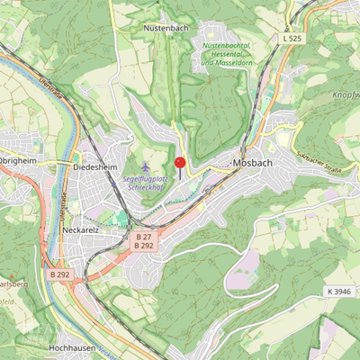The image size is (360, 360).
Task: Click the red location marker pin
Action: coord(180,165)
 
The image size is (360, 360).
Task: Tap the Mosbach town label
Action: coord(252,164)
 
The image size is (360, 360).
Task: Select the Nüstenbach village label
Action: coord(165,29)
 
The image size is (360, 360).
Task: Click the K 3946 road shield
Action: coord(338,292)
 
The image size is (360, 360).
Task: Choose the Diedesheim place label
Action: coord(91,166)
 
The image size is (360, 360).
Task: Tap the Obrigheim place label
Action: coord(18,163)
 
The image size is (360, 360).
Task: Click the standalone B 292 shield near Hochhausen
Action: coord(60,274)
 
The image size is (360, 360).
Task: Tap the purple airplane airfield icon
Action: coord(147,167)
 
